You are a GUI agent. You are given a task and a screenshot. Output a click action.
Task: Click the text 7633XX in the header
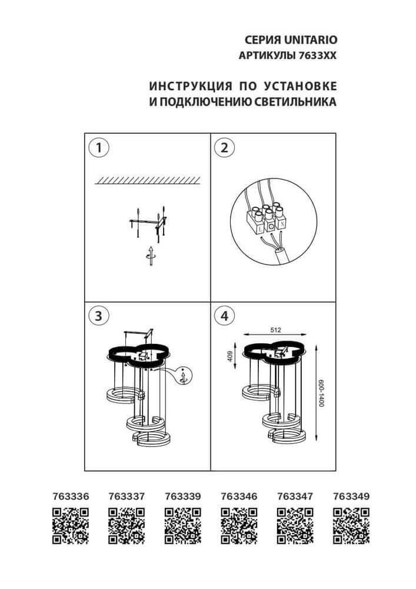[x=319, y=55]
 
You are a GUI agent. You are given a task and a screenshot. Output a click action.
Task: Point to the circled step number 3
[x=98, y=316]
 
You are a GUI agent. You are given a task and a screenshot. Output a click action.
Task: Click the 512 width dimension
[x=274, y=331]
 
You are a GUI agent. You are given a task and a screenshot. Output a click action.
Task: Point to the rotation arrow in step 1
[x=151, y=254]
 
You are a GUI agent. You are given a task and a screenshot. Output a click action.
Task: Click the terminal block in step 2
[x=266, y=217]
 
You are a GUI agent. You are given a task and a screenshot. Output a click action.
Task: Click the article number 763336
[x=70, y=496]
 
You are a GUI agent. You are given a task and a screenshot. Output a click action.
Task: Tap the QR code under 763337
[x=127, y=525]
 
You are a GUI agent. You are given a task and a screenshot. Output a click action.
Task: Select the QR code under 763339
[x=182, y=525]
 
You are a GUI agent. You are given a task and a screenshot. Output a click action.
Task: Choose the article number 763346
[x=239, y=496]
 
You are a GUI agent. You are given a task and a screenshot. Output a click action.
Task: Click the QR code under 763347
[x=295, y=525]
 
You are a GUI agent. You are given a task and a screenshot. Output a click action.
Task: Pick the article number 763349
[x=351, y=496]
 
